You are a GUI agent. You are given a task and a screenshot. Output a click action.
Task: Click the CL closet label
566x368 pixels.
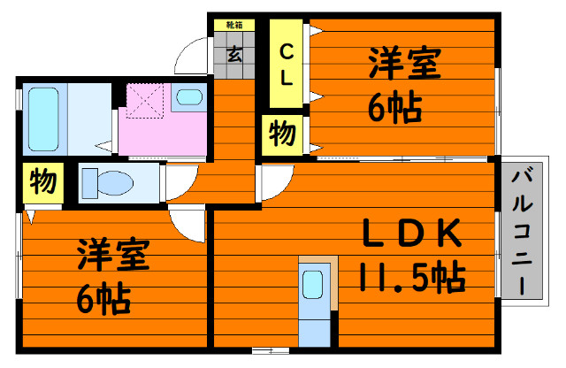[x=287, y=65]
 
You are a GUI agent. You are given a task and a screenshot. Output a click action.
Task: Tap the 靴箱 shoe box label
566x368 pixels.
[x=234, y=25]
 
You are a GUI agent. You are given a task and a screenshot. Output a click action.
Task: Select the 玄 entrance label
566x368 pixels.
[x=234, y=55]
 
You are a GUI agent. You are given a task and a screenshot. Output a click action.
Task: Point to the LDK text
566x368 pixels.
[x=411, y=233]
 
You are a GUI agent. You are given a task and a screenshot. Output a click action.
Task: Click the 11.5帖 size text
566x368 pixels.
[x=412, y=277]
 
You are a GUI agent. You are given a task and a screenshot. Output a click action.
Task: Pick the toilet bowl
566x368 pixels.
[x=108, y=183]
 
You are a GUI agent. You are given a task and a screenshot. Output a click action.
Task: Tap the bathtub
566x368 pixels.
[x=43, y=119]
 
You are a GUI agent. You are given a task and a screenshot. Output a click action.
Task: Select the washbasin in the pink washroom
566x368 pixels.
[x=189, y=97]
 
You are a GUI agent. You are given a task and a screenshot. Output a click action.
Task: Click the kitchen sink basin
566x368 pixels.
[x=312, y=285]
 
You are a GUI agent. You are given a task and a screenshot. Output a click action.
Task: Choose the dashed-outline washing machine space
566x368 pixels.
[x=145, y=101]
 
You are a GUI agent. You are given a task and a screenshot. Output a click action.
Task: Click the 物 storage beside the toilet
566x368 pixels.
[x=43, y=183]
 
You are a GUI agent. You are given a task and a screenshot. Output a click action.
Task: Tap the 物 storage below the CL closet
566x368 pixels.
[x=282, y=134]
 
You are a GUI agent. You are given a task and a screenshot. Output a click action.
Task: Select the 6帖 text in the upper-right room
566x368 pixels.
[x=395, y=107]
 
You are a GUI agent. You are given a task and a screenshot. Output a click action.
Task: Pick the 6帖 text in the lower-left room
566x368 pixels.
[x=103, y=299]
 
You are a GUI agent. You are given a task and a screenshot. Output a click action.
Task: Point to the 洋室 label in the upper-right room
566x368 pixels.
[x=404, y=63]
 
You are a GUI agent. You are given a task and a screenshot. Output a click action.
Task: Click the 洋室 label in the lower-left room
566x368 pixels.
[x=113, y=254]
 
